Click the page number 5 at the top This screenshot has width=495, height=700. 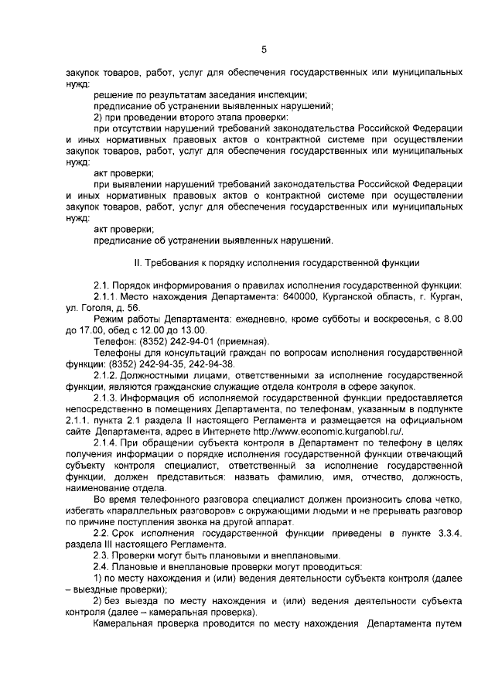coord(263,50)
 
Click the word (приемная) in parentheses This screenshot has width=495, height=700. coord(247,340)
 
